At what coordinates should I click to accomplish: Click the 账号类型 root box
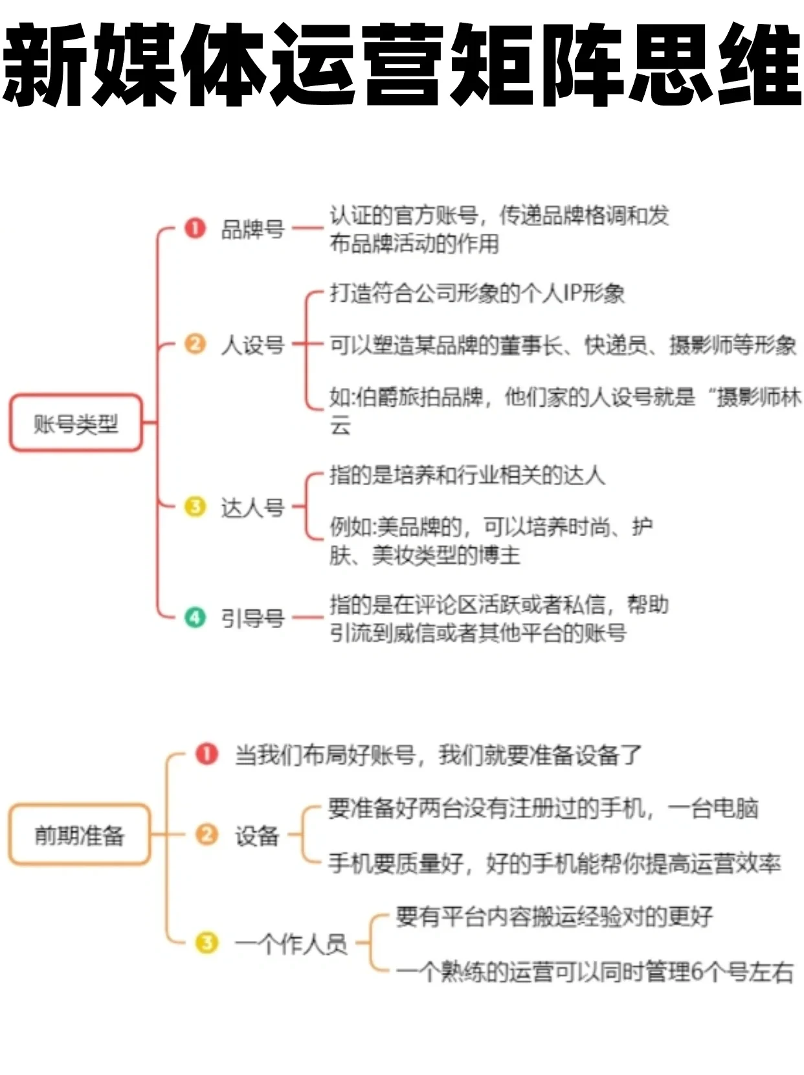pos(76,423)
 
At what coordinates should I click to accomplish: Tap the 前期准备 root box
pos(79,835)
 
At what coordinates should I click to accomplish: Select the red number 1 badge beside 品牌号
pos(195,228)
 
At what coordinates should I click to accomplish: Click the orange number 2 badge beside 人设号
pos(195,343)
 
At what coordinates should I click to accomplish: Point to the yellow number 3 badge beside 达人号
pos(195,506)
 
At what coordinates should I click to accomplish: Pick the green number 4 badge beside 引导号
pos(195,617)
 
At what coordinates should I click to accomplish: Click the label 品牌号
pos(252,229)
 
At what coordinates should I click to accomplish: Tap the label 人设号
pos(252,345)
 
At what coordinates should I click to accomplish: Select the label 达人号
pos(252,508)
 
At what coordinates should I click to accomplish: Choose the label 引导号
pos(252,618)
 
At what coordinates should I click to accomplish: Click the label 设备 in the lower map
pos(256,835)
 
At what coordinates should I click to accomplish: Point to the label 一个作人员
pos(291,944)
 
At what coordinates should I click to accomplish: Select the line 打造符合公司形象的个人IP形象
pos(477,293)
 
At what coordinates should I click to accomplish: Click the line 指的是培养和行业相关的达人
pos(467,475)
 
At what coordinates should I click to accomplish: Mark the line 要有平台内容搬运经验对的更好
pos(554,916)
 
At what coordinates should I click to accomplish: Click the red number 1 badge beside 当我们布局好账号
pos(207,754)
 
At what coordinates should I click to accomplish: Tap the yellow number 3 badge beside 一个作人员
pos(207,942)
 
